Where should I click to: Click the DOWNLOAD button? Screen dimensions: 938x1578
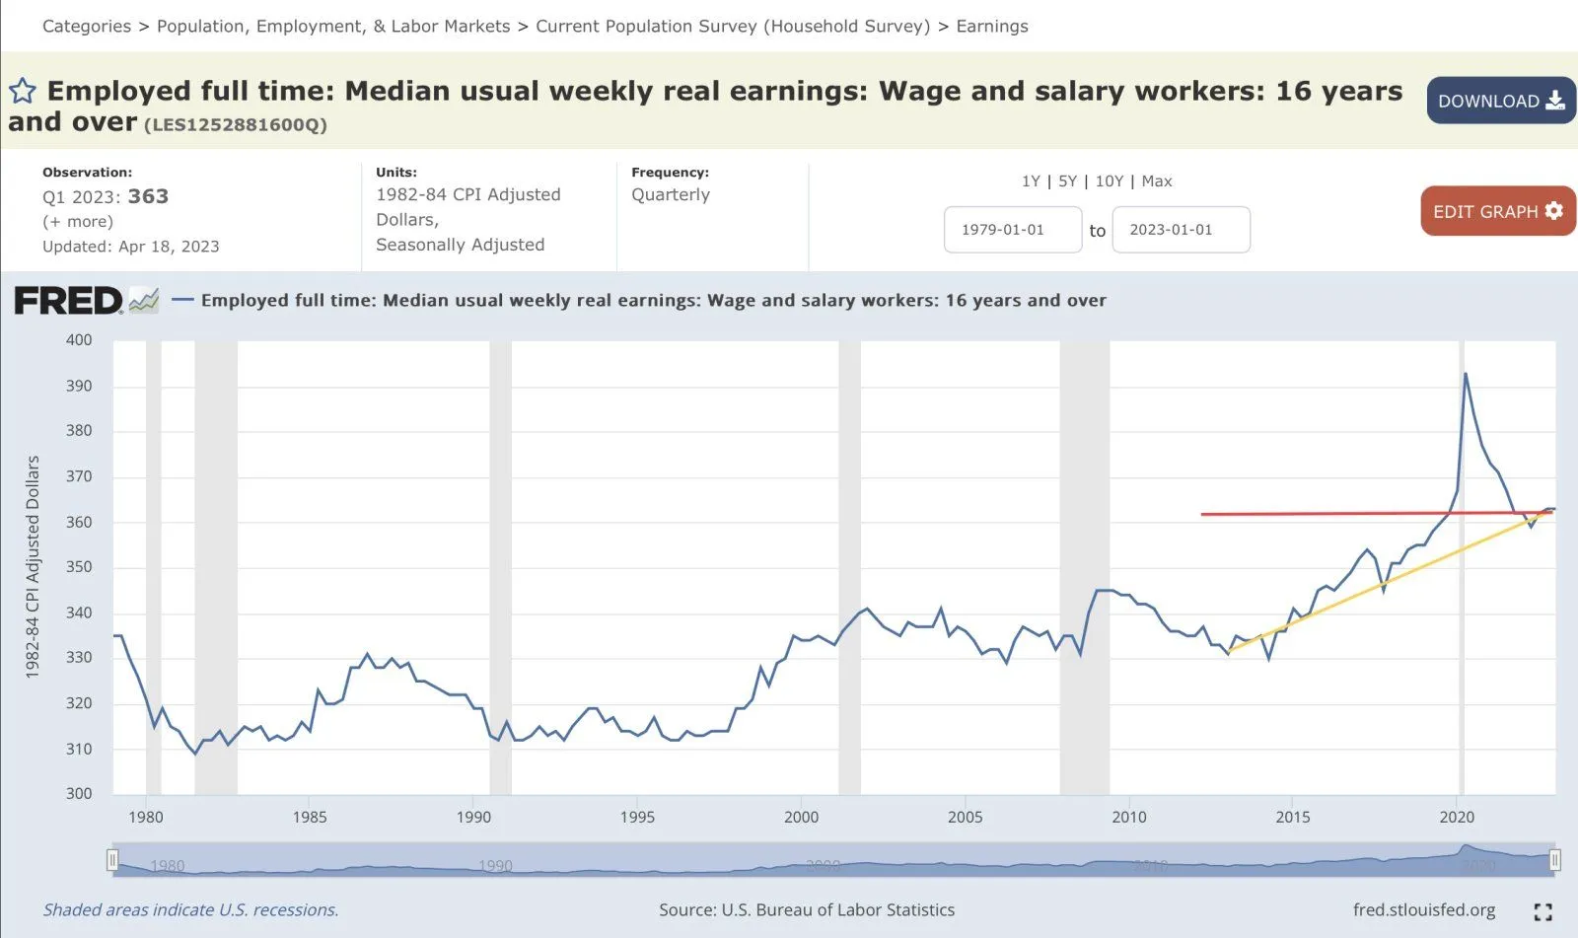point(1500,101)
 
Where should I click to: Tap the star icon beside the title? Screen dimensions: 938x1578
point(23,92)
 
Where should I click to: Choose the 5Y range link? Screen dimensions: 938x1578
point(1067,181)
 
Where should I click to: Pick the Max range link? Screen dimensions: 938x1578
point(1156,181)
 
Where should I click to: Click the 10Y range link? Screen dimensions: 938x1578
point(1110,181)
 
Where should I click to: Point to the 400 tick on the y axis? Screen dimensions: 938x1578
point(79,340)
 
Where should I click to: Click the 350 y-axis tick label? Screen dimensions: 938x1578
point(79,567)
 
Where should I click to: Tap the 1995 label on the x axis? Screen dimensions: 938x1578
point(637,817)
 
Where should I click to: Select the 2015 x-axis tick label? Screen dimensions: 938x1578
point(1293,817)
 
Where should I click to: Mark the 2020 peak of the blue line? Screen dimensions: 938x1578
point(1466,374)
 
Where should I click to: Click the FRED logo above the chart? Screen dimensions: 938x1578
point(69,301)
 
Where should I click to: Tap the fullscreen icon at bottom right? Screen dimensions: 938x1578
point(1542,911)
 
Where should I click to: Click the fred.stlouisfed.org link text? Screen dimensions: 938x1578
point(1423,909)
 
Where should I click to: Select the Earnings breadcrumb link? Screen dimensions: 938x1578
point(991,27)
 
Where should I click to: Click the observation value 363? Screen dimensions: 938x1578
point(148,196)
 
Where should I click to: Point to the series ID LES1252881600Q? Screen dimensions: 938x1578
point(236,125)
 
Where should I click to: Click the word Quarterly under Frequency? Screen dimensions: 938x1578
point(671,194)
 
